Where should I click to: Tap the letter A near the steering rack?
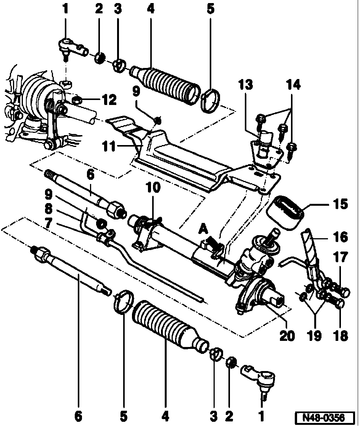(x=203, y=229)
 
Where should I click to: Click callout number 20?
(x=287, y=336)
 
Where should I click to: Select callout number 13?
(x=246, y=85)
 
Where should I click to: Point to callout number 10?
(x=153, y=187)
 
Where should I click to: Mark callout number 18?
(x=341, y=336)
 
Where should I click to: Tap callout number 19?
(x=315, y=336)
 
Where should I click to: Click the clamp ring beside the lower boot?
(x=123, y=302)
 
